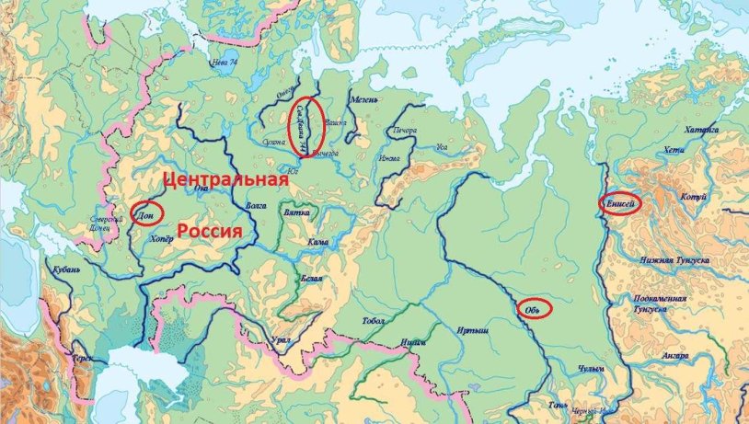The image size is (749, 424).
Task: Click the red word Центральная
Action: pos(225,179)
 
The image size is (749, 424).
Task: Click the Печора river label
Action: pos(405,131)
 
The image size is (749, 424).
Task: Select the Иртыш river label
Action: pos(470,331)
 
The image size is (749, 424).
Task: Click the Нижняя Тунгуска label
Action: pos(676,261)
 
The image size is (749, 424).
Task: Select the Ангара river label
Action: pos(676,354)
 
